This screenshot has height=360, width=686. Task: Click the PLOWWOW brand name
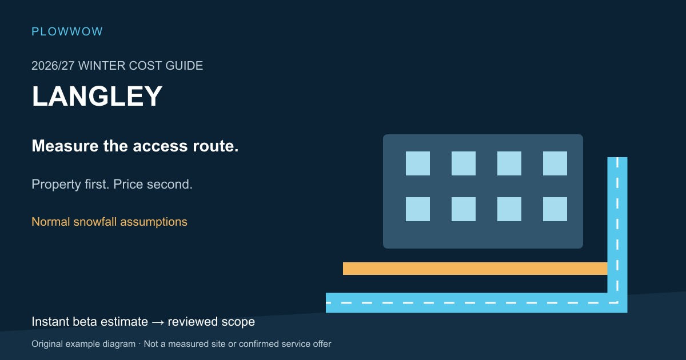pos(67,31)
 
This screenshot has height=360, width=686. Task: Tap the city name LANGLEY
pos(97,96)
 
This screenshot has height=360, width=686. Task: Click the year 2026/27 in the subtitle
pos(53,66)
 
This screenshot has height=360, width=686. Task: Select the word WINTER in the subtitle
pos(102,66)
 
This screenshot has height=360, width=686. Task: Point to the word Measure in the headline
pos(65,146)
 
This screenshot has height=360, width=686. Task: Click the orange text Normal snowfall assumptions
pos(109,222)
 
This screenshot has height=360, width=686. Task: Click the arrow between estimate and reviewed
pos(158,322)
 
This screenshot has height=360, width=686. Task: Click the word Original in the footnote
pos(47,344)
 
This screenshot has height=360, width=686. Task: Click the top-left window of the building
pos(418,163)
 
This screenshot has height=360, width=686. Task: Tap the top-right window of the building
pos(555,163)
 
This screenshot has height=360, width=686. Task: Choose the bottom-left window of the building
pos(418,209)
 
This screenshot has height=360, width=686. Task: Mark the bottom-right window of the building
pos(555,209)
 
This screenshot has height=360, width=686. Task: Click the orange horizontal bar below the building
pos(475,269)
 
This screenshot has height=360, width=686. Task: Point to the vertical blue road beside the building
pos(617,225)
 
